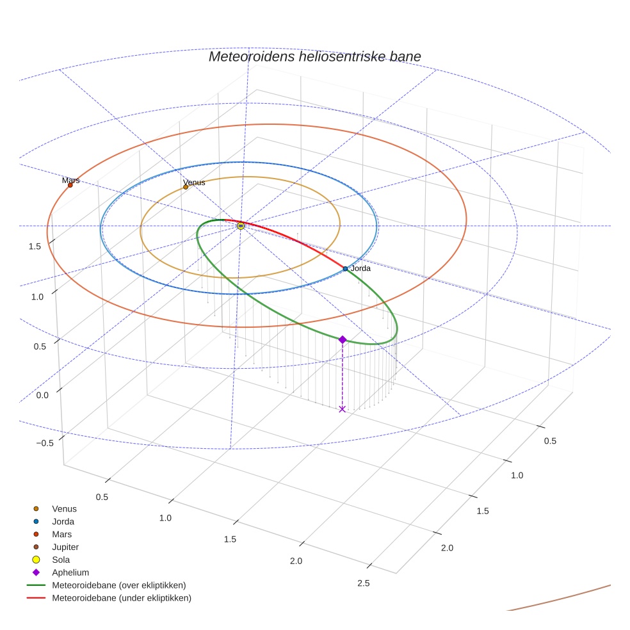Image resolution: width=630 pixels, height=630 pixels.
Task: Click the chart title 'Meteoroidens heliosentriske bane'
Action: point(314,56)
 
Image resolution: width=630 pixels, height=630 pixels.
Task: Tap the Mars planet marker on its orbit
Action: point(70,185)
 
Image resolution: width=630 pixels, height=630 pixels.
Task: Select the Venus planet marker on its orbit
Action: point(186,187)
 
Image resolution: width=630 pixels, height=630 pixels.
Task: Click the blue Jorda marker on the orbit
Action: point(345,269)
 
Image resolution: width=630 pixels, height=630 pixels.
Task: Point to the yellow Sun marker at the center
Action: point(241,226)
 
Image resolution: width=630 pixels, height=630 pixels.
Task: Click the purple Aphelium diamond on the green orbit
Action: point(343,339)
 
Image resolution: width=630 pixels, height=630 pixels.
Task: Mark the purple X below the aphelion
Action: point(342,408)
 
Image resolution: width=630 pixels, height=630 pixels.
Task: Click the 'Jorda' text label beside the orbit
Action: point(360,268)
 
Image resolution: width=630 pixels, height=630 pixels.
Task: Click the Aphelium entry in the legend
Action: point(70,572)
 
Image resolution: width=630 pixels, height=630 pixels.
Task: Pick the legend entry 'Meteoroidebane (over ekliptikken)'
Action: point(119,585)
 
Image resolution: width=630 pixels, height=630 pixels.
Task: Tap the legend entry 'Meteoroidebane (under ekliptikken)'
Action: point(122,598)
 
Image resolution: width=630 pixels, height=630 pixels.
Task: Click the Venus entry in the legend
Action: point(64,509)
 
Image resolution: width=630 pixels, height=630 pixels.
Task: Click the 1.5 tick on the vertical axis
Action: point(35,246)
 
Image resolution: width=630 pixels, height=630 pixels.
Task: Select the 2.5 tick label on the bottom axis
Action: point(364,583)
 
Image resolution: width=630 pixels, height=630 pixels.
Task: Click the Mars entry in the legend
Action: point(62,535)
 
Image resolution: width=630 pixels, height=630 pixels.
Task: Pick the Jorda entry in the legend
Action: point(63,522)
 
